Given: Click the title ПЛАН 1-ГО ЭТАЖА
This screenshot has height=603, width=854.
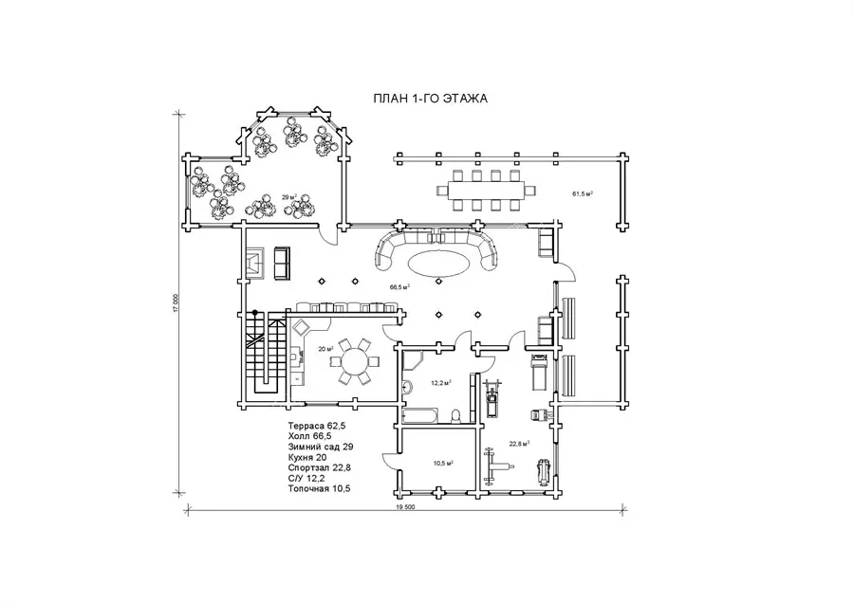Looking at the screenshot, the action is (x=430, y=99).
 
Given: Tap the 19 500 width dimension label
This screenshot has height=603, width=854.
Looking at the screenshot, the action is (x=405, y=506).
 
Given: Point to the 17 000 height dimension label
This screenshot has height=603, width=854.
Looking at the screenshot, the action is (x=176, y=303).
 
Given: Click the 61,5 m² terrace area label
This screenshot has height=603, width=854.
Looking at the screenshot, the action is (x=583, y=193).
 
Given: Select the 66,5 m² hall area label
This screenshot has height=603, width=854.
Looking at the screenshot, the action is (x=399, y=286).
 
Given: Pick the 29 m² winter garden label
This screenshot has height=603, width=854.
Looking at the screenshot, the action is (x=289, y=197).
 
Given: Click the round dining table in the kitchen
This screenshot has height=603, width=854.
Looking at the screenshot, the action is (x=355, y=361).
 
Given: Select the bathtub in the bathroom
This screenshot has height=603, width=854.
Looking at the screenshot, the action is (x=420, y=416).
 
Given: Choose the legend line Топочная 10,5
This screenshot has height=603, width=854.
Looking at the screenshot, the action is (x=319, y=488).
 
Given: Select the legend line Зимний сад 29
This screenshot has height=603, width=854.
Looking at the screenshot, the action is (x=321, y=447).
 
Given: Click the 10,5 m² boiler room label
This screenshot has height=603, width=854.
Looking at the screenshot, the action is (x=443, y=464).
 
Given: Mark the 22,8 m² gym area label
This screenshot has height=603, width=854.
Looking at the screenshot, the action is (x=520, y=444).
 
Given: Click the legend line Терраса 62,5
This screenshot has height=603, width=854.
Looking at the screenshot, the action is (x=316, y=426).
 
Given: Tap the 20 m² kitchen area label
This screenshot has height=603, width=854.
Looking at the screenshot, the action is (x=325, y=349).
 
